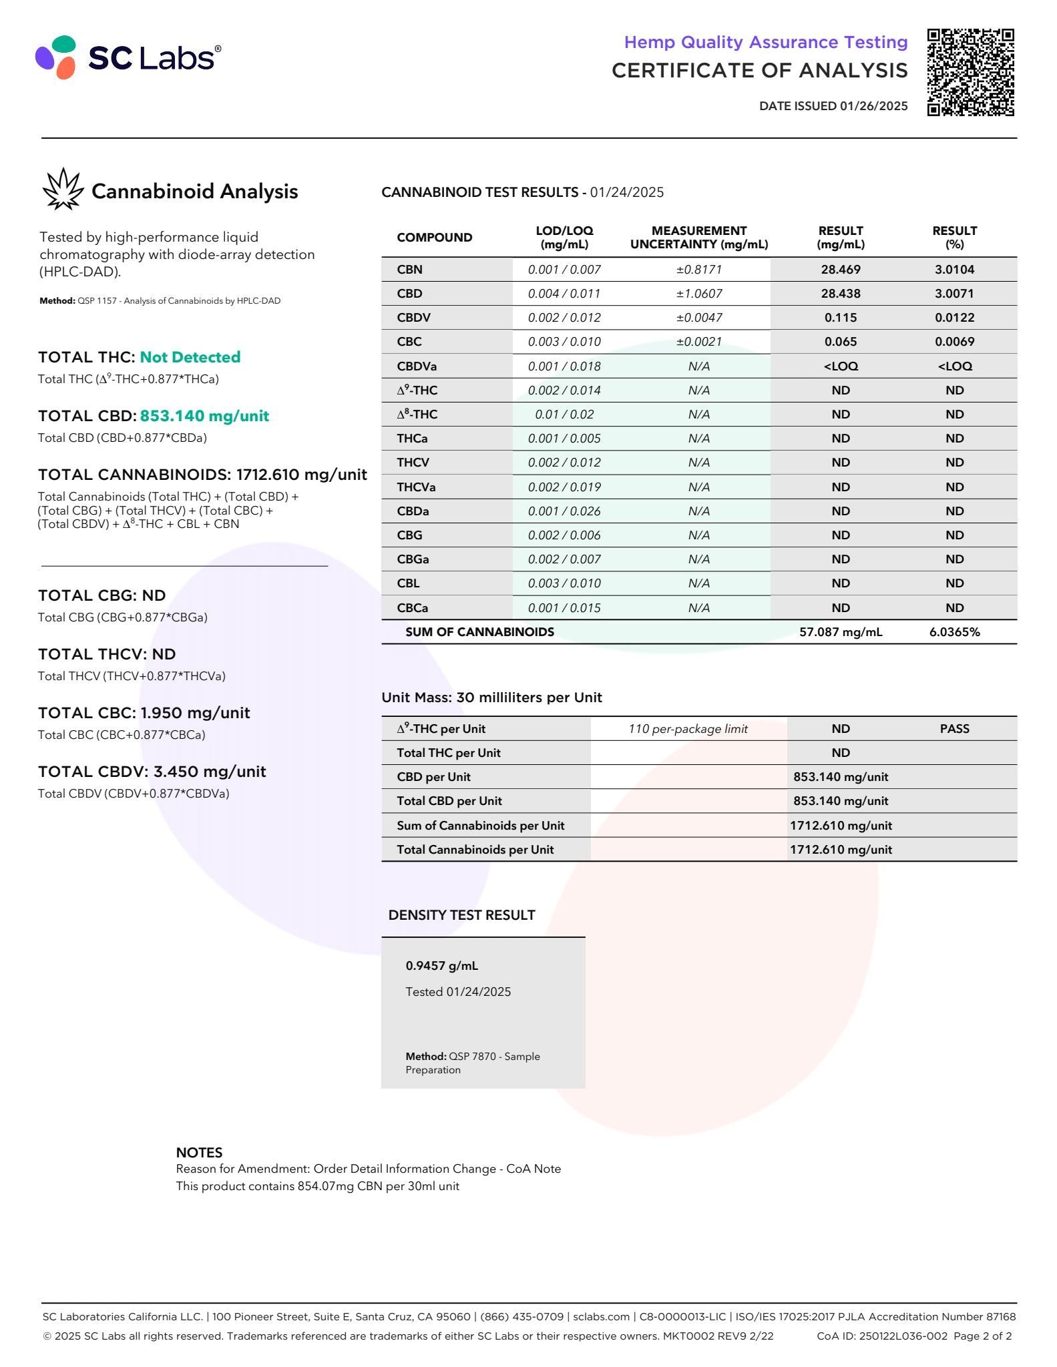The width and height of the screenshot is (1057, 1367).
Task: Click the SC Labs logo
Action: coord(128,57)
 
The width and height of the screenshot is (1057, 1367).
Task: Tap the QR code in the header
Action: coord(970,72)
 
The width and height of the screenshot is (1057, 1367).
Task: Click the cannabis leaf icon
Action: coord(63,189)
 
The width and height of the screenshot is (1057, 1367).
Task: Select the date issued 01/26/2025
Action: coord(833,105)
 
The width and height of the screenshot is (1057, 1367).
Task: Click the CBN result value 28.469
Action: coord(840,270)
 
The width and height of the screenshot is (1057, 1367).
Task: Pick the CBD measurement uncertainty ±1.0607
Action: coord(698,294)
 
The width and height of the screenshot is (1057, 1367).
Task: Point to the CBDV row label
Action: coord(413,318)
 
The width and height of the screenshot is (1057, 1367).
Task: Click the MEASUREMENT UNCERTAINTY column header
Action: coord(698,237)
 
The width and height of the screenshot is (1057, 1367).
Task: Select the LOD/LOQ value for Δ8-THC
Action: coord(564,415)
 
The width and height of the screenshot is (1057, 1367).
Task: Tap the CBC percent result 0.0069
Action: coord(954,342)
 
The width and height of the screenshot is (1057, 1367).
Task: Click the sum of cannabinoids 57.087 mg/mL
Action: coord(840,632)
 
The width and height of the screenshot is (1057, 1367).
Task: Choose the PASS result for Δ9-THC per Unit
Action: coord(954,729)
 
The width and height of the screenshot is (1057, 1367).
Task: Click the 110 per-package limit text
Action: coord(688,729)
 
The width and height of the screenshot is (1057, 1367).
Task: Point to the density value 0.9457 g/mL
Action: coord(441,966)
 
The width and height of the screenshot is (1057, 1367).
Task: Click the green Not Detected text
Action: coord(190,357)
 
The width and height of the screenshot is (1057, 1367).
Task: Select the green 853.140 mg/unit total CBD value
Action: coord(204,416)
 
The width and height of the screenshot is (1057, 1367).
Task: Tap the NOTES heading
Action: coord(199,1152)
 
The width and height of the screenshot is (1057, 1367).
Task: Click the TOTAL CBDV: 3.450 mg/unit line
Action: coord(152,772)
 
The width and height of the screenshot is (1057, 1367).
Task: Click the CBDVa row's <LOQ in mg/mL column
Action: coord(840,366)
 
